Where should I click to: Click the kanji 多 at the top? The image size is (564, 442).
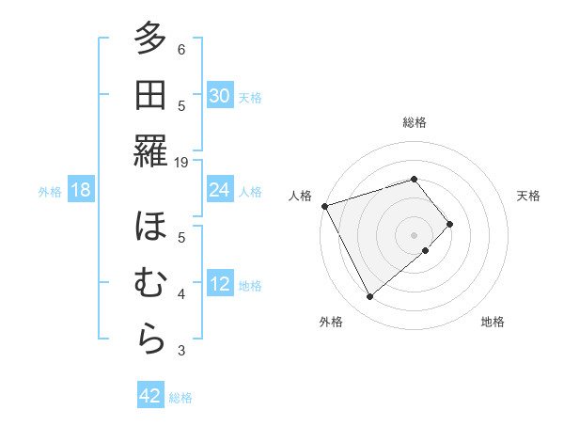150,39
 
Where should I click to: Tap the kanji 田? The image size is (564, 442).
150,95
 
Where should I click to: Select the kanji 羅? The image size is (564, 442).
150,150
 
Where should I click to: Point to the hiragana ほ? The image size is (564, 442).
150,228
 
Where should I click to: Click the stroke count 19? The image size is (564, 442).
181,162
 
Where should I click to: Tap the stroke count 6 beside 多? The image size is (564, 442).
181,49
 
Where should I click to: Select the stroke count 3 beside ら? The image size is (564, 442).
181,351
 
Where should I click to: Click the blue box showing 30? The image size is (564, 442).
219,96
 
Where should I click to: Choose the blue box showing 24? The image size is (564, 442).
219,190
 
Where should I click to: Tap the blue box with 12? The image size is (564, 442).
219,285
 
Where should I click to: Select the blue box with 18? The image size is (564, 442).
81,191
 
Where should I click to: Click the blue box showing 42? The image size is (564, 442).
150,396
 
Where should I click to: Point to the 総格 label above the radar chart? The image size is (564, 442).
414,122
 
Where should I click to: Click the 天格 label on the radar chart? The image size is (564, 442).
528,196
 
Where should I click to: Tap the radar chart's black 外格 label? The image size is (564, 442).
331,322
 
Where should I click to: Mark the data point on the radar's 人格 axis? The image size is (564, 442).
324,205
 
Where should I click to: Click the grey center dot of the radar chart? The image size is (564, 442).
414,233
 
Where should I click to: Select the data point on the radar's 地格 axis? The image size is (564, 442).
426,250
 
